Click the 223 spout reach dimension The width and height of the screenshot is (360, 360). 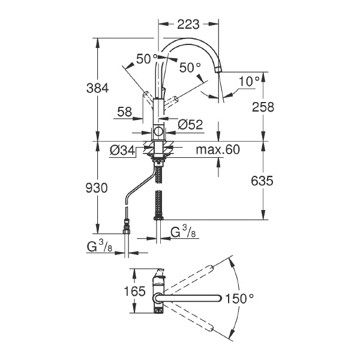pyautogui.click(x=188, y=25)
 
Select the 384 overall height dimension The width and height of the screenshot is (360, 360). pyautogui.click(x=97, y=88)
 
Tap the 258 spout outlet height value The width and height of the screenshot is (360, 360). pyautogui.click(x=263, y=107)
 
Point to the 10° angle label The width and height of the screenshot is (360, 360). pyautogui.click(x=250, y=81)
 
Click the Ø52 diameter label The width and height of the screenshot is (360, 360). pyautogui.click(x=190, y=125)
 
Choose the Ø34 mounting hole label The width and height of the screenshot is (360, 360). pyautogui.click(x=122, y=151)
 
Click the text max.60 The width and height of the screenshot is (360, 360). pyautogui.click(x=218, y=149)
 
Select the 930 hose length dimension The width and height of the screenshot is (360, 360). pyautogui.click(x=97, y=188)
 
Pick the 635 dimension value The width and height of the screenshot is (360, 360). pyautogui.click(x=262, y=181)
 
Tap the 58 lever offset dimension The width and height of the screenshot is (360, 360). pyautogui.click(x=125, y=112)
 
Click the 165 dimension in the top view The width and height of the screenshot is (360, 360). pyautogui.click(x=134, y=292)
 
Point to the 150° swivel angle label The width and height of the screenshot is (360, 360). pyautogui.click(x=239, y=299)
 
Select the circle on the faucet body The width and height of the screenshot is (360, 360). pyautogui.click(x=158, y=131)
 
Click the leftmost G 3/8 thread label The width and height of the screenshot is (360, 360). pyautogui.click(x=100, y=247)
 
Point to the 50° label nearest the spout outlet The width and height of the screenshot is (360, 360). pyautogui.click(x=190, y=67)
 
